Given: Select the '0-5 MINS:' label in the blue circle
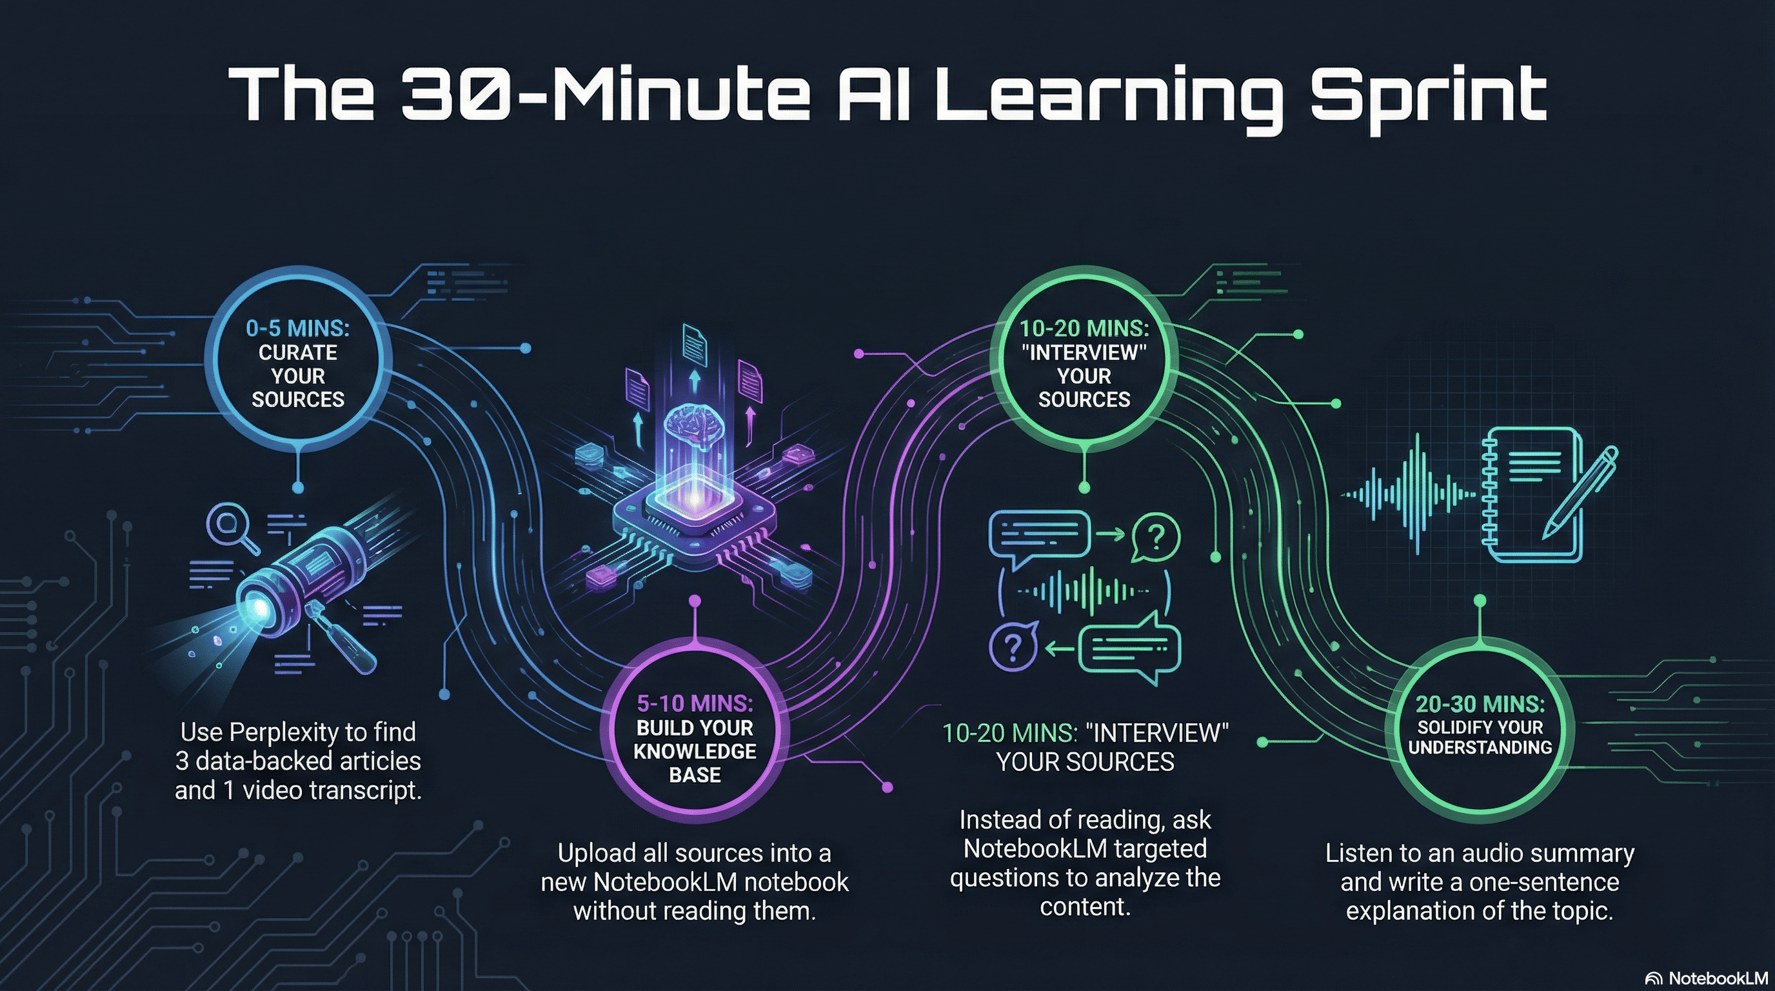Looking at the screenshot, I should tap(298, 328).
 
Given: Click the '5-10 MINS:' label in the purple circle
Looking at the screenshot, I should tap(695, 704).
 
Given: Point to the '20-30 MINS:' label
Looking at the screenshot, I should tap(1480, 705).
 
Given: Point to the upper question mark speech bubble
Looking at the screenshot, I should tap(1156, 537).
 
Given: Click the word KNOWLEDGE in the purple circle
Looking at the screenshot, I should tap(695, 751).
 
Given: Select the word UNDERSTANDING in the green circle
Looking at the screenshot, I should tap(1480, 748).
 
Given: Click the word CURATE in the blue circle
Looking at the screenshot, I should tap(298, 353).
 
